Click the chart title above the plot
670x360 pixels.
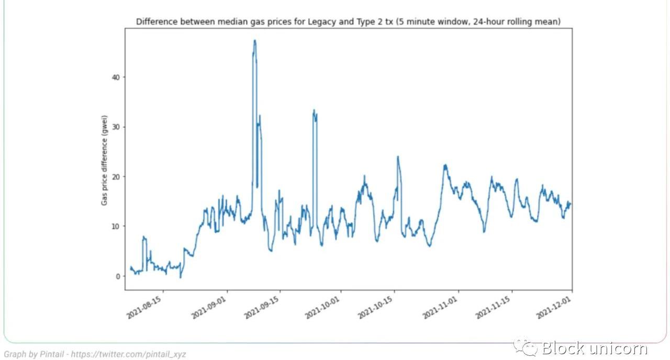coord(349,22)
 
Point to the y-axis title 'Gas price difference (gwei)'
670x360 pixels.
coord(105,160)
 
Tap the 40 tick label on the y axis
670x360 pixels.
coord(116,77)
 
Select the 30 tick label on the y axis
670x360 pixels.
coord(116,127)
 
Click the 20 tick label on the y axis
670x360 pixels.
coord(116,177)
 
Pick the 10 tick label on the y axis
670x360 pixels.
coord(116,227)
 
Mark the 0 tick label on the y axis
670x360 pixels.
coord(118,276)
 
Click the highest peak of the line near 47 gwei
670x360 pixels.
coord(255,40)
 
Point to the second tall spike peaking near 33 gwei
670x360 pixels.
coord(314,110)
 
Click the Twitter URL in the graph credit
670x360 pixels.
coord(128,354)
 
